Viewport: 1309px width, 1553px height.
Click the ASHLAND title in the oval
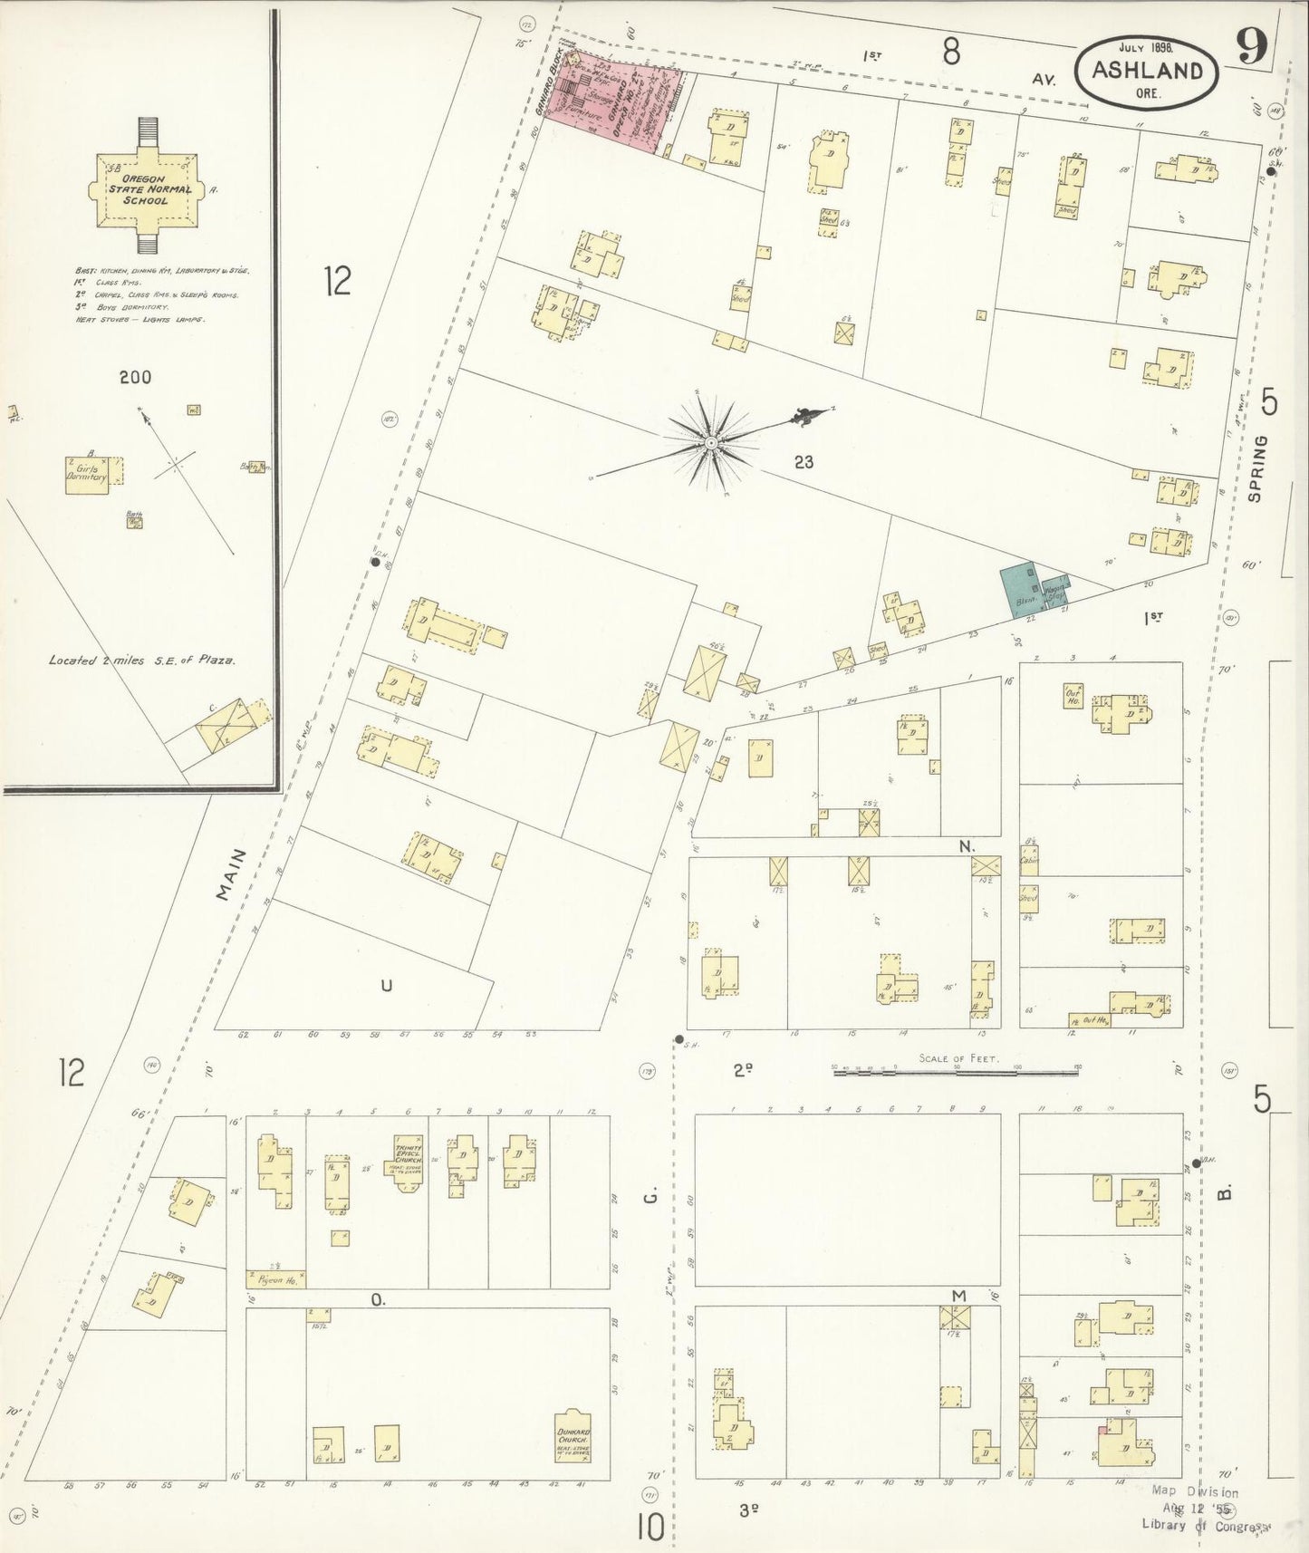coord(1148,72)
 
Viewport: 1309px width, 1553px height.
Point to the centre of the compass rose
coord(711,442)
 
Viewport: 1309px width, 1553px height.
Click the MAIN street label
coord(231,873)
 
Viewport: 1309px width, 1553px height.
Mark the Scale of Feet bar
coord(957,1070)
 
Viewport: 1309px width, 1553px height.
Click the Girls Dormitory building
coord(87,473)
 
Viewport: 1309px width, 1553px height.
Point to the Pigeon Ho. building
coord(275,1279)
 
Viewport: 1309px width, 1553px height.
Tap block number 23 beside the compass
coord(803,462)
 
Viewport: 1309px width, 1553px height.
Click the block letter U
coord(387,986)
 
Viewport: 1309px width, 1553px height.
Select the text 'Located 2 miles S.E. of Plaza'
coord(142,661)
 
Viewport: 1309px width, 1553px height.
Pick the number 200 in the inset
coord(135,377)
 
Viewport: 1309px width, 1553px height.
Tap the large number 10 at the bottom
coord(650,1528)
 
